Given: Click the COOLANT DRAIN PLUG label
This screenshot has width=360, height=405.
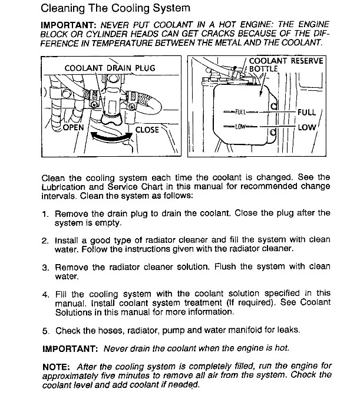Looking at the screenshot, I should (x=109, y=68).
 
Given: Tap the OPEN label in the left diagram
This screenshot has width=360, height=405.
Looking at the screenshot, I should (x=72, y=127).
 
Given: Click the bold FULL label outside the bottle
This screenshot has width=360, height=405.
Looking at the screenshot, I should (x=307, y=112).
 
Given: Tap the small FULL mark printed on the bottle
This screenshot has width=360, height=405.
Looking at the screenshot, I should (x=240, y=111).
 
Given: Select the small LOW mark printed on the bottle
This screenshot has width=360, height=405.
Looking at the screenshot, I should (x=239, y=126).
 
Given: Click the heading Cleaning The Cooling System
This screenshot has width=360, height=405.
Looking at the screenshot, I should (x=115, y=8).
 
